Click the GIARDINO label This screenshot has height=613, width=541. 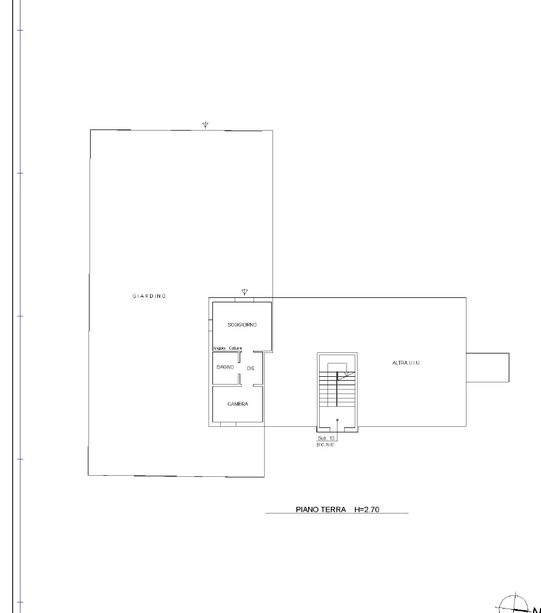coord(149,296)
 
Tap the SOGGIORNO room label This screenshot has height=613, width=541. coord(242,325)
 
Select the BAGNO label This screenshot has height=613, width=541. coord(225,367)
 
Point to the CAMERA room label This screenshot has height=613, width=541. coord(237,404)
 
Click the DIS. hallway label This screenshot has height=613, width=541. coord(251,368)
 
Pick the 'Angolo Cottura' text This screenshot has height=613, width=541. coord(227,348)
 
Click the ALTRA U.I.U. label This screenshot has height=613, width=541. coord(406,363)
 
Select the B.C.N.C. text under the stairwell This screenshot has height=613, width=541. coord(326,445)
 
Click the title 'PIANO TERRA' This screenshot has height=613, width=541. coord(321,509)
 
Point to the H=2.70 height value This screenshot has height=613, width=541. coord(366,509)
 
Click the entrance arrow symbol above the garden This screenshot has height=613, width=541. coord(205,124)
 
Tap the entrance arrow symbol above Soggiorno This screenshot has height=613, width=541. coord(245,292)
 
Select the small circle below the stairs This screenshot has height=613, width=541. coord(337,420)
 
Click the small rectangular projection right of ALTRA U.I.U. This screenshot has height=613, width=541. coord(487,367)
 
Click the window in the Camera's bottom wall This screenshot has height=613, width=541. coord(228,424)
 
